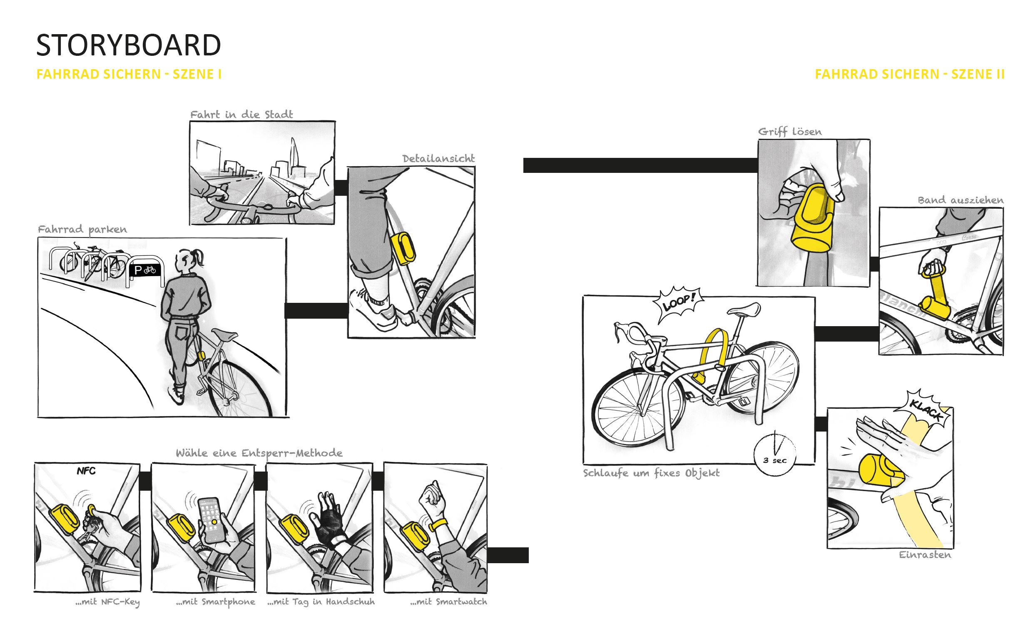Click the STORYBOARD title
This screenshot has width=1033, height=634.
pos(128,45)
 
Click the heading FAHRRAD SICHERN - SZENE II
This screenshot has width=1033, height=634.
pos(909,74)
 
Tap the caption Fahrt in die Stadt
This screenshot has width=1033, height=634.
pos(241,115)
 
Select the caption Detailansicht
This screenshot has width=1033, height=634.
pos(438,158)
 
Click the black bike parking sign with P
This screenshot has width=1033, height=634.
pos(144,270)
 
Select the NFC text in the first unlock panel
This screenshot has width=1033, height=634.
pos(86,471)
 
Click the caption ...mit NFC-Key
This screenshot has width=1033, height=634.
pos(107,602)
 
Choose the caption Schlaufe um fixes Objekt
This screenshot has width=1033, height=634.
pos(651,473)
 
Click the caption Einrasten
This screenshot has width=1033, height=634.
pos(925,555)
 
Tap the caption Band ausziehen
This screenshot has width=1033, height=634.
pos(961,200)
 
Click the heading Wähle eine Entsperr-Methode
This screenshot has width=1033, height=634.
pos(259,453)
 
